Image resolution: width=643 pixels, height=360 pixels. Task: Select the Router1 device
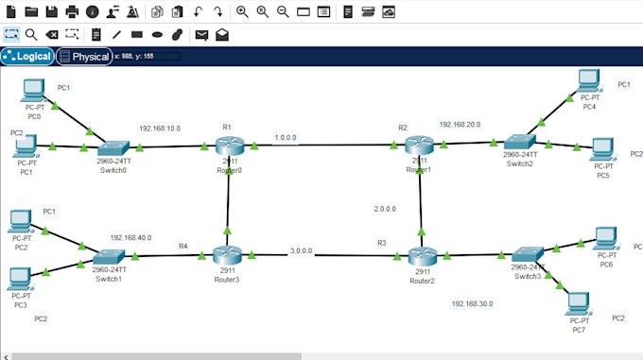pyautogui.click(x=418, y=146)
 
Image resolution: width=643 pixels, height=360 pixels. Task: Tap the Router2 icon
pyautogui.click(x=421, y=255)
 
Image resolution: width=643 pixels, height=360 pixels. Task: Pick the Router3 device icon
pyautogui.click(x=228, y=255)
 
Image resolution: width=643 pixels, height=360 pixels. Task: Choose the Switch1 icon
pyautogui.click(x=109, y=257)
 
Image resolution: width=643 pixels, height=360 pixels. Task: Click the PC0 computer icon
pyautogui.click(x=34, y=91)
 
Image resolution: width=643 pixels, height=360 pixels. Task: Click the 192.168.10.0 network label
pyautogui.click(x=160, y=128)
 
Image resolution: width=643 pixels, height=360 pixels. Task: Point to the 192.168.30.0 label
pyautogui.click(x=473, y=304)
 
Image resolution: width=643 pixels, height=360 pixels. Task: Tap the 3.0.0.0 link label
pyautogui.click(x=302, y=251)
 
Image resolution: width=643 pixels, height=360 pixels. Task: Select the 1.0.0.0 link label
pyautogui.click(x=286, y=138)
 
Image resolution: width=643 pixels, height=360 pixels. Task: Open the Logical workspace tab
pyautogui.click(x=27, y=57)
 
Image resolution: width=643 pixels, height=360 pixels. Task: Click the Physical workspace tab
pyautogui.click(x=84, y=57)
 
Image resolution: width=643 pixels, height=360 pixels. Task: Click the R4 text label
pyautogui.click(x=183, y=247)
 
